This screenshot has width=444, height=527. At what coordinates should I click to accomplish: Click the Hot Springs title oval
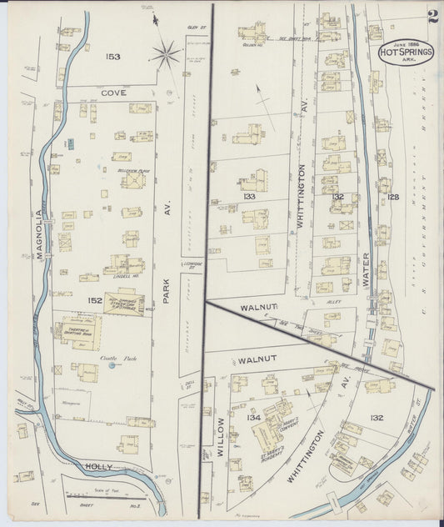click(405, 52)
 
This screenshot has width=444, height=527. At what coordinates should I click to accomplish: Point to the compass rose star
click(166, 56)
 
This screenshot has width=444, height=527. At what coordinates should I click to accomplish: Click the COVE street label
click(113, 93)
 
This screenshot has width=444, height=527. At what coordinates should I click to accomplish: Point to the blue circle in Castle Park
click(112, 366)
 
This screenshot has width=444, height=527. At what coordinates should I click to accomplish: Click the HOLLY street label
click(97, 466)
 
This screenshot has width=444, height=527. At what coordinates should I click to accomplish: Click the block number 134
click(253, 417)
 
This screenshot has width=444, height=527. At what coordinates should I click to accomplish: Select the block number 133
click(248, 196)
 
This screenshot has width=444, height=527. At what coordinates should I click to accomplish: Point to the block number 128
click(392, 197)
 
